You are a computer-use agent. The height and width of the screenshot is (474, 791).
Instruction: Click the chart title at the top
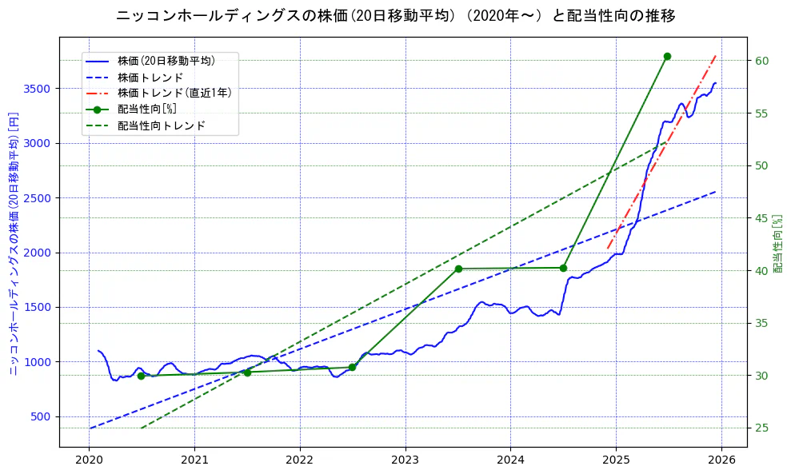(395, 15)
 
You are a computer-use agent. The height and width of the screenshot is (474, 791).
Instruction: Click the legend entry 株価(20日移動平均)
(166, 60)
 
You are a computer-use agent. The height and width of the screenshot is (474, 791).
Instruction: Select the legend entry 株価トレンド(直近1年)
(174, 93)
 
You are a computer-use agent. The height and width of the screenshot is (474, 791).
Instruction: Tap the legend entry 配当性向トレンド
(161, 125)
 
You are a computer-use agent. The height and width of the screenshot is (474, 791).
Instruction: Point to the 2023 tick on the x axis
(405, 460)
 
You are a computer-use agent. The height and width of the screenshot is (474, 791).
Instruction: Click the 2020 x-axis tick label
(90, 460)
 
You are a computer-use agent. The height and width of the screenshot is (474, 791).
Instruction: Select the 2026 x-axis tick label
(721, 460)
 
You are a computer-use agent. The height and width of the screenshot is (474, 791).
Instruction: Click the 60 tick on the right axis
(761, 61)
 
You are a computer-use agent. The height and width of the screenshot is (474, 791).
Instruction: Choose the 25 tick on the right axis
(761, 428)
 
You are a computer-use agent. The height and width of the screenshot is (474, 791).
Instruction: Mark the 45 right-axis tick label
(761, 218)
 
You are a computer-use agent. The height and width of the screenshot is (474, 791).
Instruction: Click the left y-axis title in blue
(14, 241)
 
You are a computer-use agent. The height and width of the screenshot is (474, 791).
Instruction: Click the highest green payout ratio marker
(667, 56)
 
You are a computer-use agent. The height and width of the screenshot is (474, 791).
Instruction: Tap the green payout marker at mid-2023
(458, 269)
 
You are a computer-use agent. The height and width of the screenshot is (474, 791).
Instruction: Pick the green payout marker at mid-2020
(141, 376)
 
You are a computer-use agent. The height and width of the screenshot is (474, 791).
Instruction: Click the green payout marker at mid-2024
(563, 268)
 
